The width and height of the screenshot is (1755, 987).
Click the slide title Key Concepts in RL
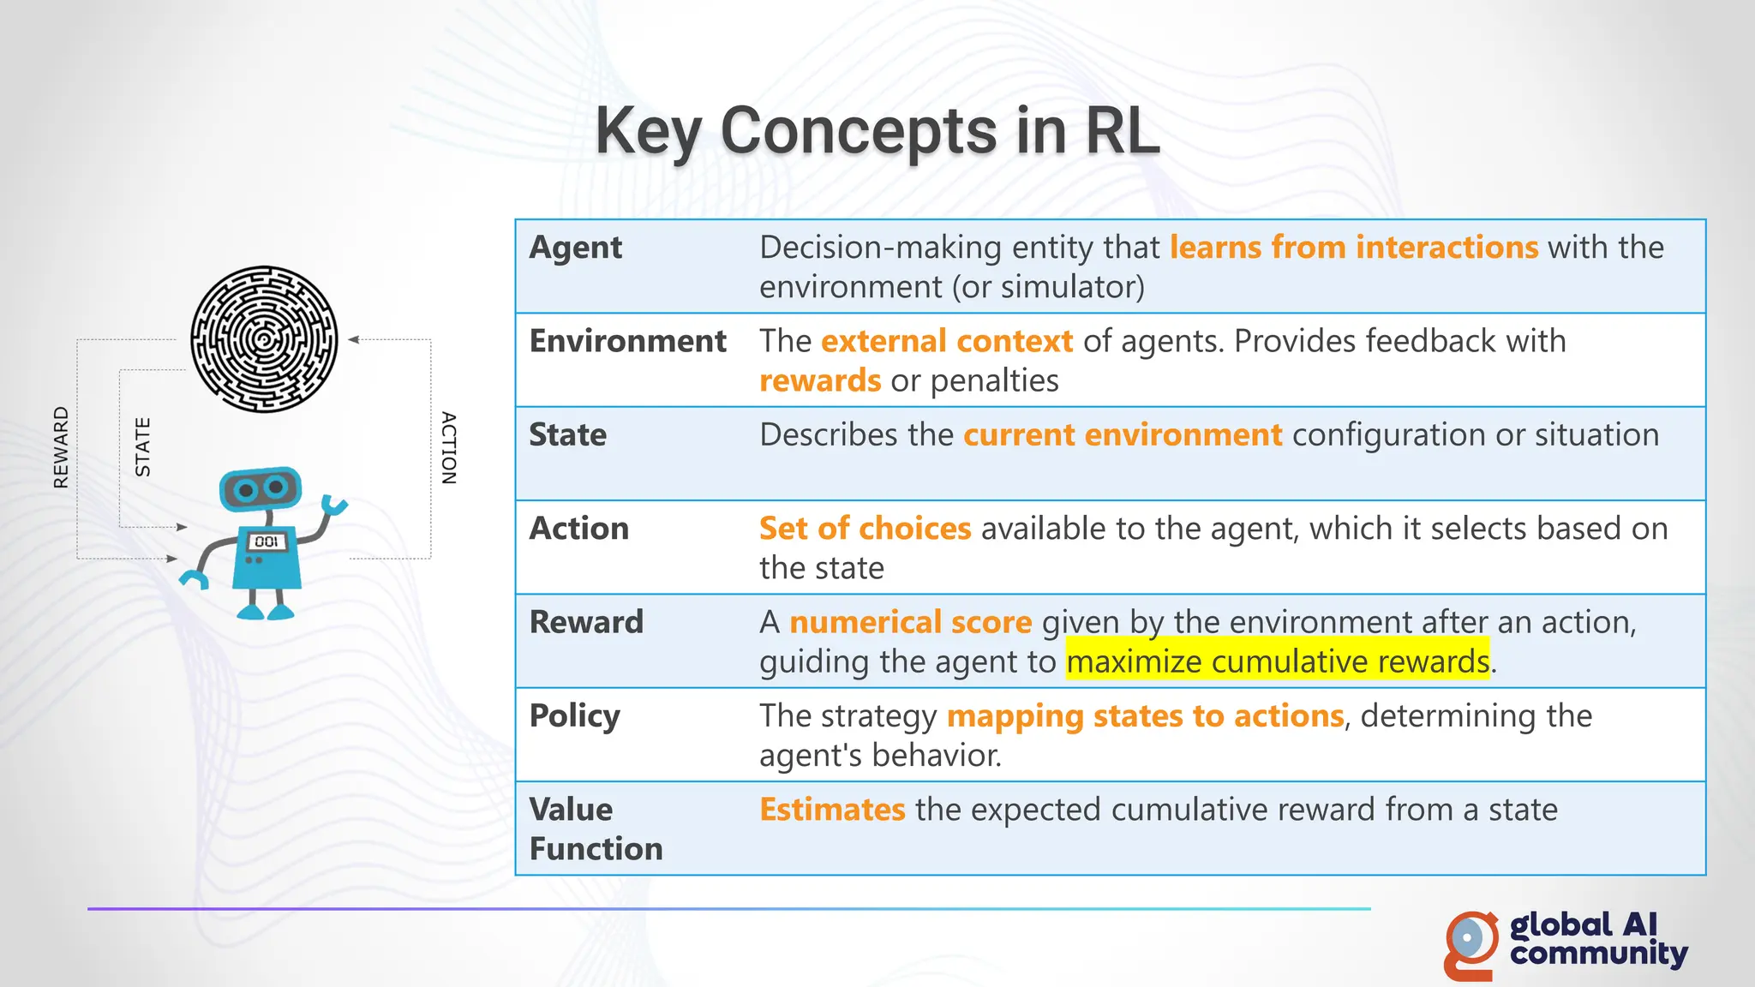tap(877, 131)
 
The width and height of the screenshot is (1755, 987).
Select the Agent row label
tap(576, 248)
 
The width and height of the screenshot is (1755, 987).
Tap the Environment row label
tap(627, 341)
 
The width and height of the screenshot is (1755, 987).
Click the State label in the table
tap(567, 435)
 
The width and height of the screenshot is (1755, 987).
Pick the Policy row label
tap(574, 716)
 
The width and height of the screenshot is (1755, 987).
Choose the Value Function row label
tap(596, 828)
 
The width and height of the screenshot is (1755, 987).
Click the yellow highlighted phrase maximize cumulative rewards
tap(1277, 661)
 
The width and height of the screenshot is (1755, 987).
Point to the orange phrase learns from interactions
tap(1354, 248)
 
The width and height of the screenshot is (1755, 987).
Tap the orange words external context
tap(946, 341)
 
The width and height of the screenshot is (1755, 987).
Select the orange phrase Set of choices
tap(865, 529)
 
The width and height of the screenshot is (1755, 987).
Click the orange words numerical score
tap(910, 622)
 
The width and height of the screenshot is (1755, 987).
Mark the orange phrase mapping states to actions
tap(1145, 716)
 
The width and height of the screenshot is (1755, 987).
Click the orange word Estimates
tap(832, 810)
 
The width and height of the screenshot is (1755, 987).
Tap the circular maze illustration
tap(264, 339)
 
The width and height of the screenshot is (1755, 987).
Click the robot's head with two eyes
tap(261, 488)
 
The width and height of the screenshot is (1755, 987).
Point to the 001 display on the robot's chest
tap(267, 541)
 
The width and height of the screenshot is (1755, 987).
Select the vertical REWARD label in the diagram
tap(61, 447)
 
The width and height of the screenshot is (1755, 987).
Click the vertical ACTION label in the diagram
tap(448, 448)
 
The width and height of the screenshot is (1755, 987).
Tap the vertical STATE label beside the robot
tap(143, 447)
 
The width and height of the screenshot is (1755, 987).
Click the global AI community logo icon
tap(1470, 944)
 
